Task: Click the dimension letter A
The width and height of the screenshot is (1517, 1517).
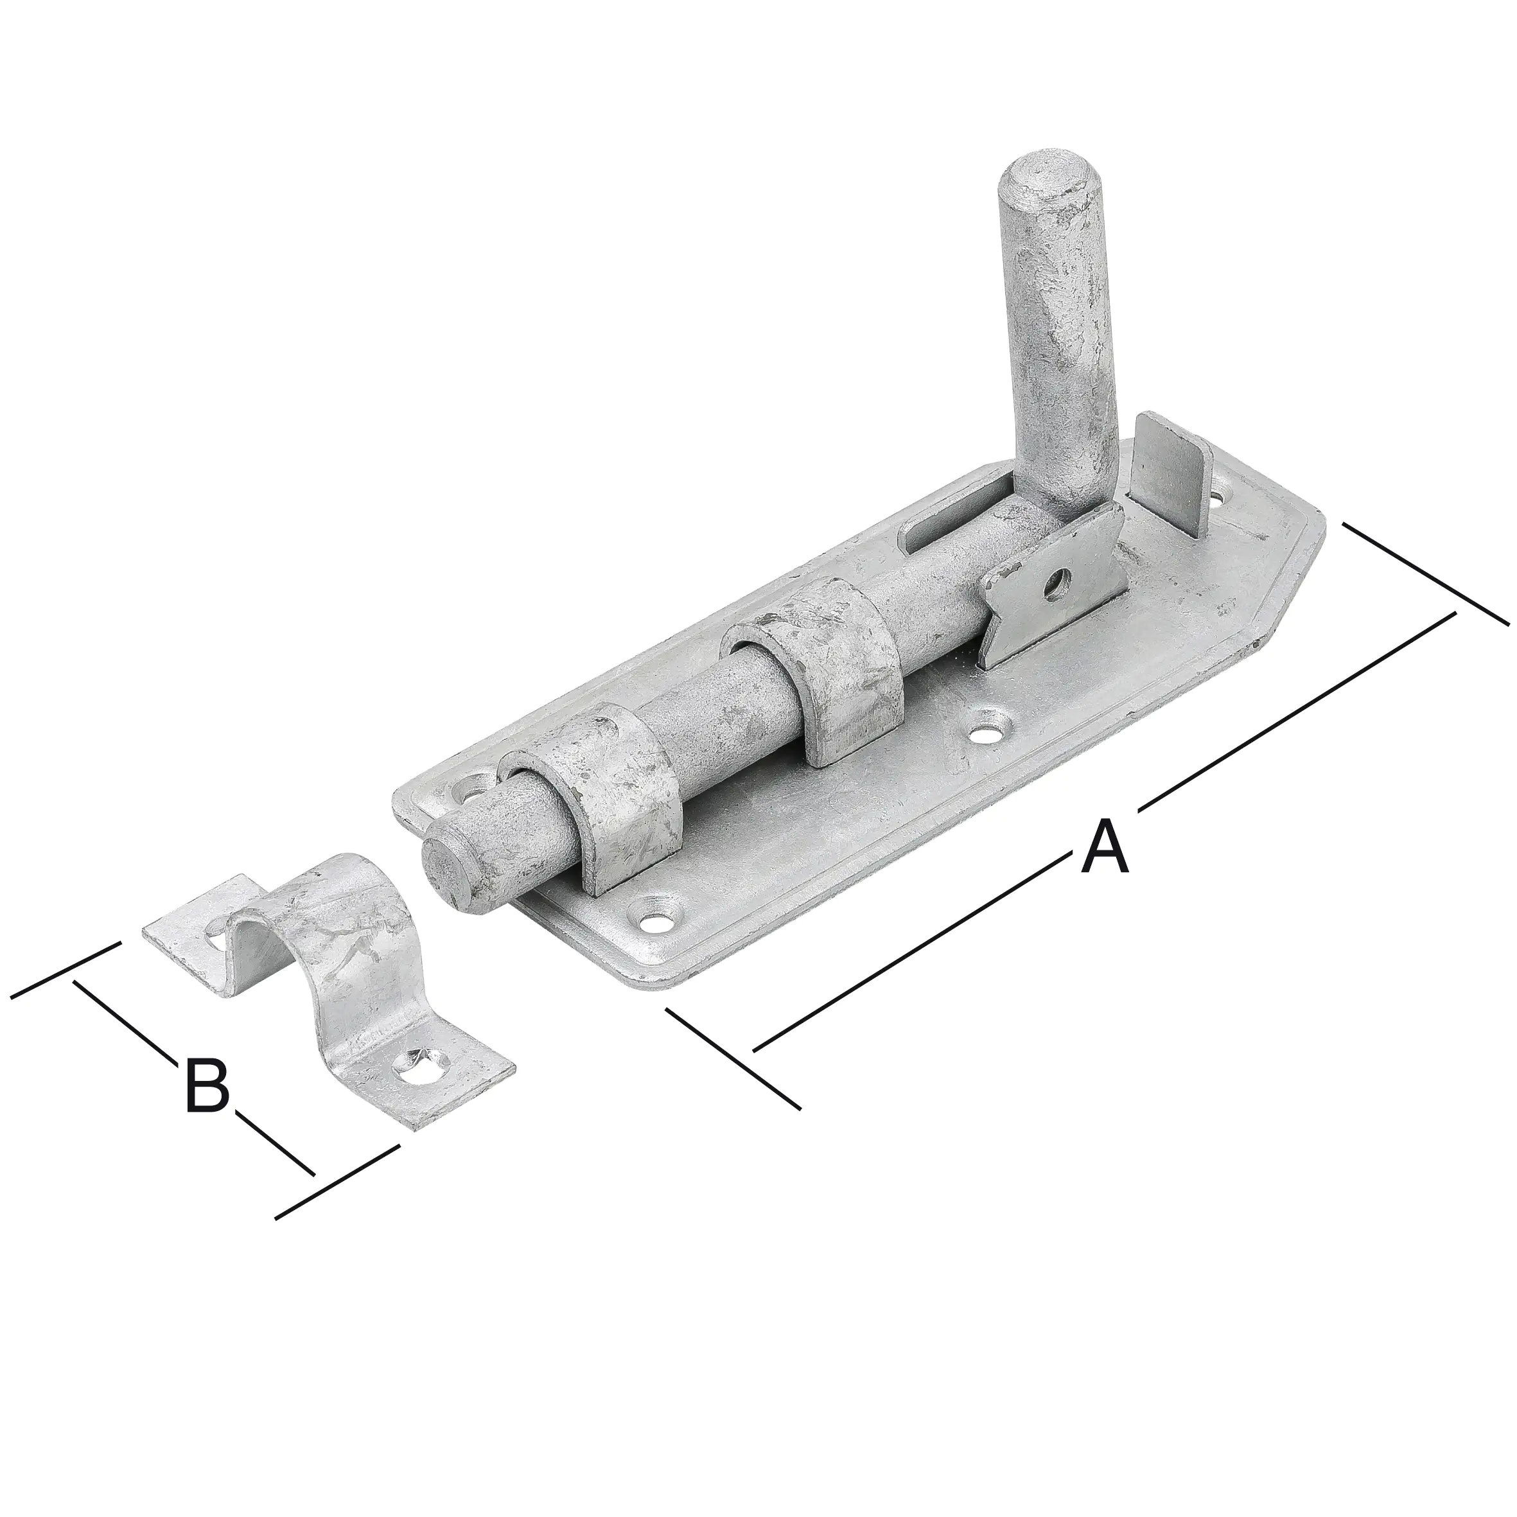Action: (1105, 846)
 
